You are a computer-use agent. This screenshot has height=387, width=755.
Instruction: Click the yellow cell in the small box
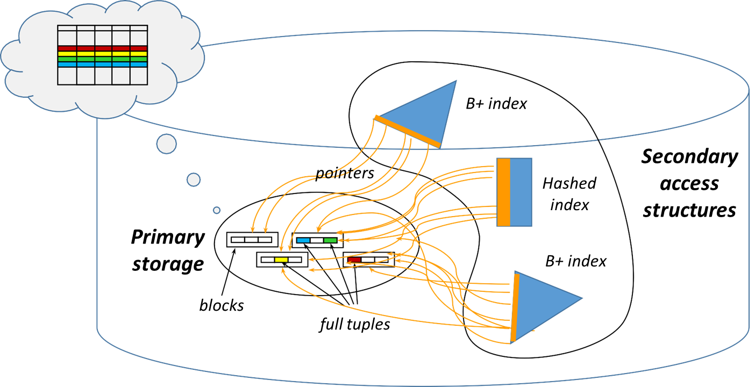point(281,260)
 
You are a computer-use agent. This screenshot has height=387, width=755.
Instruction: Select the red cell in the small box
point(354,260)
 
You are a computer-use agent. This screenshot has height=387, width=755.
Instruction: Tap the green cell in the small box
point(330,240)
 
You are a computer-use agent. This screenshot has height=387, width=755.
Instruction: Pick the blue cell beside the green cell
point(303,240)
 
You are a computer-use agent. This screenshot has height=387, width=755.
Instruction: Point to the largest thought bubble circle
point(167,144)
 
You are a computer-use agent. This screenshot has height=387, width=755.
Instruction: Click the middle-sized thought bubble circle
point(194,179)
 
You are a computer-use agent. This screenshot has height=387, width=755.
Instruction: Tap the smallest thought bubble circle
point(217,210)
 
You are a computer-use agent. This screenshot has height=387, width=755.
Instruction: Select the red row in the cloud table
point(102,48)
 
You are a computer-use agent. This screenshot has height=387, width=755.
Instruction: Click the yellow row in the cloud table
point(102,54)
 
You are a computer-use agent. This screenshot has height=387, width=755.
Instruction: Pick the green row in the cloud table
point(102,59)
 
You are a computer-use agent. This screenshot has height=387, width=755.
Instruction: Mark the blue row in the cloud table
point(102,64)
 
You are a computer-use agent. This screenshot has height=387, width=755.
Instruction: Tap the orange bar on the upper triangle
point(407,131)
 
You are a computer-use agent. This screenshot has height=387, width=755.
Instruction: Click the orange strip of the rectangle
point(503,192)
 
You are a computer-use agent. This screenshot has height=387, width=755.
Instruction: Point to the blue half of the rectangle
point(521,192)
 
